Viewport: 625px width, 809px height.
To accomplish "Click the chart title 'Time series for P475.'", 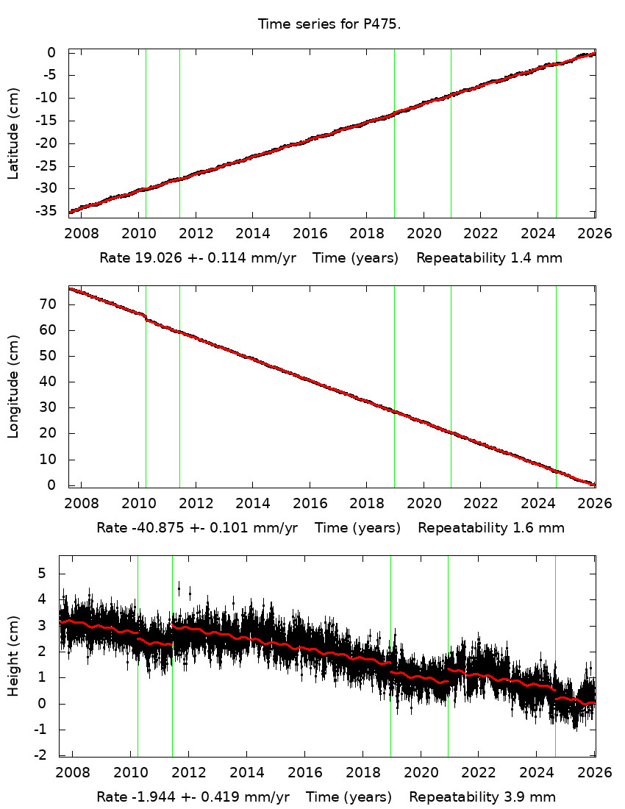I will coord(329,24).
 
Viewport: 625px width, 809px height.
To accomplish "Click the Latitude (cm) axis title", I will coord(13,132).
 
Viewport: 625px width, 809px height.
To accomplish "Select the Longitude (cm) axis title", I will coord(13,387).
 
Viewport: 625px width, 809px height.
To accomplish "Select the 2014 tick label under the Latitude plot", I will coord(252,234).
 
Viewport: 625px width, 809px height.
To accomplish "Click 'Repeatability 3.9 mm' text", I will coord(482,797).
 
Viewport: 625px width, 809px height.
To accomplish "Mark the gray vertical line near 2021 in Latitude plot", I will coord(451,132).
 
